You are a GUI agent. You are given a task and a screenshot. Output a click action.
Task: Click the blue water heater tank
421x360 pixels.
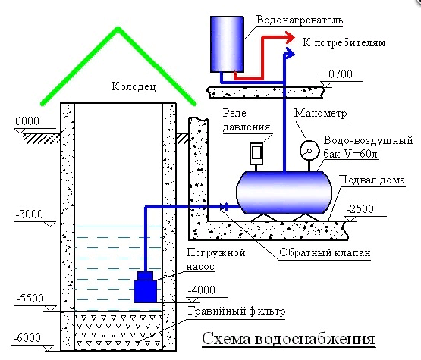(227, 44)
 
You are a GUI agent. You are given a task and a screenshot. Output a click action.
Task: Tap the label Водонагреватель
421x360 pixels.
(300, 20)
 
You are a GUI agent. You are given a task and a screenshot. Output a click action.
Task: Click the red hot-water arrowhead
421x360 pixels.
(290, 38)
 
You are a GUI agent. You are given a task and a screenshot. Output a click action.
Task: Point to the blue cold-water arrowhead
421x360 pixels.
(290, 53)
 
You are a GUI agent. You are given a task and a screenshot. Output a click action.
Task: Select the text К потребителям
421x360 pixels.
(344, 42)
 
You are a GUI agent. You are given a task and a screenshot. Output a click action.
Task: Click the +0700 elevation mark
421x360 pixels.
(337, 74)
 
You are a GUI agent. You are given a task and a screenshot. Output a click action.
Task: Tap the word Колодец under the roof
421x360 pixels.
(134, 86)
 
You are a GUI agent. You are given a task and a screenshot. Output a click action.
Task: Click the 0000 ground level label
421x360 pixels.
(27, 121)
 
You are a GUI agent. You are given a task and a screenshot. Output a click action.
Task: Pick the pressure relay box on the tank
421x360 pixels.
(256, 153)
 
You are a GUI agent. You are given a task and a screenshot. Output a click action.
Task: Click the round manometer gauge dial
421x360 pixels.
(309, 151)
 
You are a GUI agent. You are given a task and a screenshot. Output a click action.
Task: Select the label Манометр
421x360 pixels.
(321, 113)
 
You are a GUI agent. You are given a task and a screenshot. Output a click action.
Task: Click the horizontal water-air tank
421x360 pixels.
(284, 192)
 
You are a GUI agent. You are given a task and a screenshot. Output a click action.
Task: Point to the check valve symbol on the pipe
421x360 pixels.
(224, 207)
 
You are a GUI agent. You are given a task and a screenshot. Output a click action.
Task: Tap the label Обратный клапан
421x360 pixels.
(325, 252)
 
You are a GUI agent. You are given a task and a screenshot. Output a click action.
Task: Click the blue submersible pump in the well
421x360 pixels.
(145, 287)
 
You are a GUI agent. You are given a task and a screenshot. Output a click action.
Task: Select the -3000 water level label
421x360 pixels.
(30, 214)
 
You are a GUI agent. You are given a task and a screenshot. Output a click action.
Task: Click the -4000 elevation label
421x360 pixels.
(201, 290)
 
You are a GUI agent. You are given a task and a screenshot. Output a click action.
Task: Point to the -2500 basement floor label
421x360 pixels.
(360, 209)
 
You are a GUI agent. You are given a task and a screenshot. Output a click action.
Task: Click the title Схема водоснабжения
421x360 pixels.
(288, 339)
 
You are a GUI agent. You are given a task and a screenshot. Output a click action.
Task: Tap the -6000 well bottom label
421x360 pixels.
(27, 338)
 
